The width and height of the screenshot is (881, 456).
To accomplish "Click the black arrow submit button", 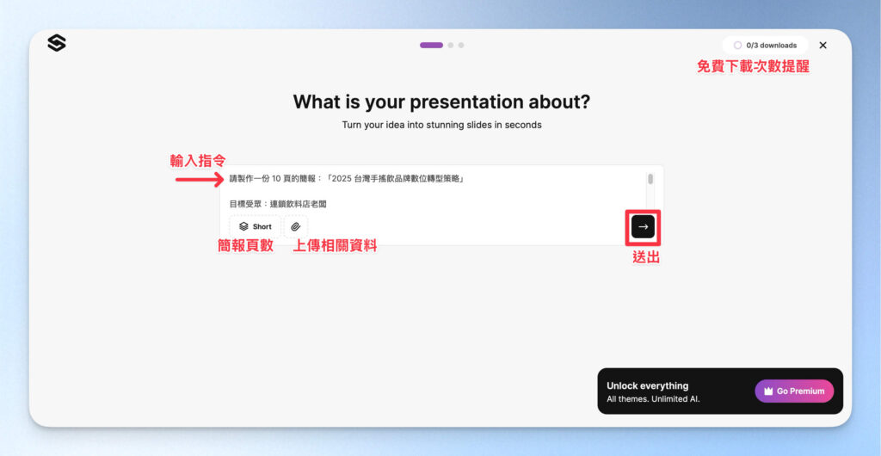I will coord(643,226).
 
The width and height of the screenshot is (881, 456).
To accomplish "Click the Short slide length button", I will coord(255,226).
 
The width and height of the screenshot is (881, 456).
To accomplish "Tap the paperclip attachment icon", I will coord(295,226).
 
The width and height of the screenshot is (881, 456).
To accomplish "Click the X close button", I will coord(822,45).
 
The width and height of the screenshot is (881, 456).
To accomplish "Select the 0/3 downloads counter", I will coord(765,45).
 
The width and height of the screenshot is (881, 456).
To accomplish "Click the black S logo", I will coord(57,43).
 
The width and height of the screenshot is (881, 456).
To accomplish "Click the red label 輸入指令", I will coord(198,161).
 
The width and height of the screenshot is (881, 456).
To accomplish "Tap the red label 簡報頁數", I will coord(245,246).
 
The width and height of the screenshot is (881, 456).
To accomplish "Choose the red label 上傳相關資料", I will coord(335,246).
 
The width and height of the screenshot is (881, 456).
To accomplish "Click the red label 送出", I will coord(646,256).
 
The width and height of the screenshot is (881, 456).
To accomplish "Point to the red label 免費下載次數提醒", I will coord(753,66).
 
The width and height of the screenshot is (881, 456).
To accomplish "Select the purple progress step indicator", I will coord(431,45).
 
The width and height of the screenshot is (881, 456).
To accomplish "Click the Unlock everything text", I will coord(647,385).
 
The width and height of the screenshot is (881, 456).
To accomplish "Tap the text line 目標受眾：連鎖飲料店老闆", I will coord(278,204).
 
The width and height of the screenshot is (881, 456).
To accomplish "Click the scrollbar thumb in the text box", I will coord(650,179).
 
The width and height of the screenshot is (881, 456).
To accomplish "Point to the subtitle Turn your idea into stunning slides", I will coord(441,125).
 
